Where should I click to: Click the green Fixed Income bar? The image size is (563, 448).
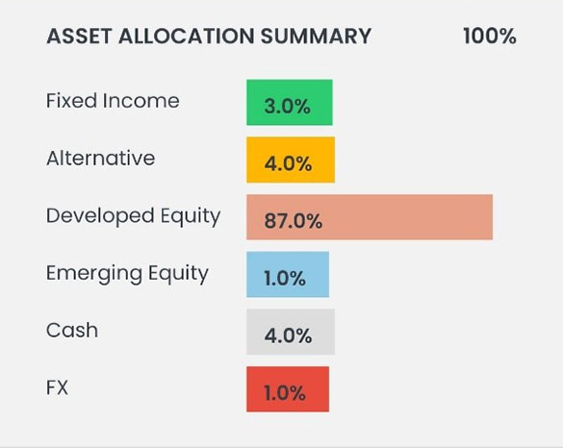[290, 103]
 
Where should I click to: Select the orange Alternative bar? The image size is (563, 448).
[291, 160]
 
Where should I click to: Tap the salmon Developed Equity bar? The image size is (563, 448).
[370, 217]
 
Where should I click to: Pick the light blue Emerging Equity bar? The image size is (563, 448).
[288, 274]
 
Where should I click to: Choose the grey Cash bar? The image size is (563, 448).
[291, 332]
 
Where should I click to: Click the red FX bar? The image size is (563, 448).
[288, 389]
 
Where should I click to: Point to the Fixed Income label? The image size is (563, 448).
[113, 100]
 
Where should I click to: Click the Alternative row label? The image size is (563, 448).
[100, 158]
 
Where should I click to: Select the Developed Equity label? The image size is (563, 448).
[133, 216]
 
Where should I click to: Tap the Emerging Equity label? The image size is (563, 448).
[127, 274]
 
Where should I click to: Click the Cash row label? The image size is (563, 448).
[72, 330]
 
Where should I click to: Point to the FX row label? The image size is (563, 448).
[57, 387]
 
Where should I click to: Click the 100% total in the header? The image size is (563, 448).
[490, 37]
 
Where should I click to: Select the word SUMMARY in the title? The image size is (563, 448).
[316, 37]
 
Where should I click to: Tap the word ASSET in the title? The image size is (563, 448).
[79, 37]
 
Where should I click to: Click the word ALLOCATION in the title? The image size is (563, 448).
[187, 37]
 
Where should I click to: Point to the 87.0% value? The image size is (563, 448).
[293, 220]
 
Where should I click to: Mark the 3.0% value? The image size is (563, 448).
[287, 107]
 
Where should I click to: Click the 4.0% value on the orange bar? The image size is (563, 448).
[288, 164]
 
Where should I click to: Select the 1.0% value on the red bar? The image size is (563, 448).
[285, 393]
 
